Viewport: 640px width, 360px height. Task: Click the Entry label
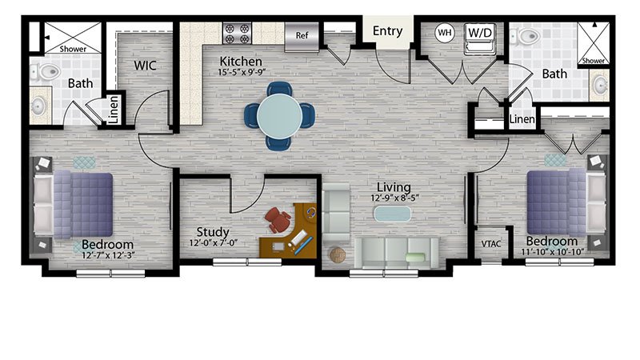point(387,31)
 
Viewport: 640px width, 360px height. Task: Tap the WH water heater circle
point(445,32)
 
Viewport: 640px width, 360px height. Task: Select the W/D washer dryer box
point(480,38)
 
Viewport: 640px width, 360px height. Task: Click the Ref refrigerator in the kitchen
point(302,36)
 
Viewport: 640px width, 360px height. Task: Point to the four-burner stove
point(237,34)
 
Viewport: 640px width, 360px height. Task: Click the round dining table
point(279,116)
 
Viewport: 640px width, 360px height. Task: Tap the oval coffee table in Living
point(392,214)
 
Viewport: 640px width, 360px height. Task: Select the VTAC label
point(490,244)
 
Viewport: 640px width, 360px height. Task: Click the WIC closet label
point(145,66)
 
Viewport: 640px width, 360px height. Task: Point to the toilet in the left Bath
point(46,72)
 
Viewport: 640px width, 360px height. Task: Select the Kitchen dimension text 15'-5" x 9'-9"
point(242,72)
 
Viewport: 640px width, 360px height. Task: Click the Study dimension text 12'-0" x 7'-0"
point(213,243)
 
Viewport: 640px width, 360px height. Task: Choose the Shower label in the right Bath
point(593,61)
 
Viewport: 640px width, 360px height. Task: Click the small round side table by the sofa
point(338,255)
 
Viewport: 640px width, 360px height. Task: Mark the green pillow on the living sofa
point(415,257)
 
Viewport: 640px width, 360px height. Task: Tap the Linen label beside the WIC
point(114,110)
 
